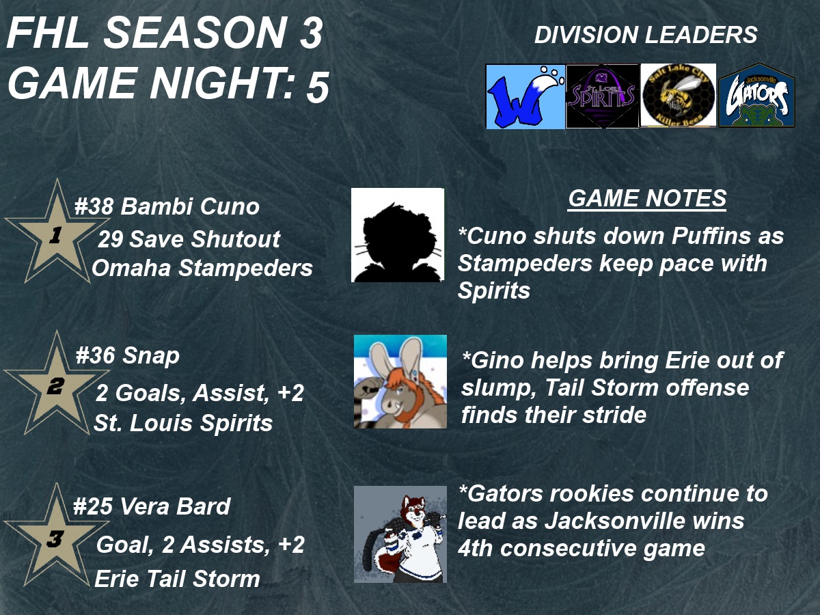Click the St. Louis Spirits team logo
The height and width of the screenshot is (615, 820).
tap(603, 96)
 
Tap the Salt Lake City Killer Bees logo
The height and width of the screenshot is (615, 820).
tap(679, 95)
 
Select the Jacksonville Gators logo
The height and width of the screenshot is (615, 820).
tap(757, 95)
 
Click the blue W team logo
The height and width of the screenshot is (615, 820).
tap(525, 96)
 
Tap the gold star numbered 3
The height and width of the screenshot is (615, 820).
tap(56, 538)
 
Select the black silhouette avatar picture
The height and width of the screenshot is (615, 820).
tap(398, 235)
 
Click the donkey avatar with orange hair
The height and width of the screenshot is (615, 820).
tap(400, 381)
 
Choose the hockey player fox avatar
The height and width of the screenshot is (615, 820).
tap(400, 534)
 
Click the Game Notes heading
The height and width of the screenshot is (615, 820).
tap(647, 198)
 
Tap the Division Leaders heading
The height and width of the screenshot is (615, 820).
tap(646, 35)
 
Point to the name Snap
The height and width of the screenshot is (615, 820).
tap(151, 356)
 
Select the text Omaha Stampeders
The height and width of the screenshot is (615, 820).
tap(202, 268)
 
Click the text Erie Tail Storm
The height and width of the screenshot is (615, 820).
tap(177, 578)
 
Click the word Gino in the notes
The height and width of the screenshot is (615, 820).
tap(493, 360)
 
